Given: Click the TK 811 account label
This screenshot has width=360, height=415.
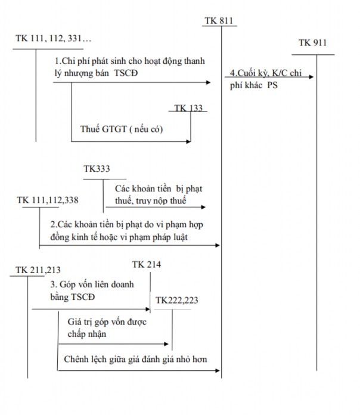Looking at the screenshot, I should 219,21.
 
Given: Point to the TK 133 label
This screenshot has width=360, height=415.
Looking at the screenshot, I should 189,108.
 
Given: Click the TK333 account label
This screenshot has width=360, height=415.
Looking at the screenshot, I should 97,169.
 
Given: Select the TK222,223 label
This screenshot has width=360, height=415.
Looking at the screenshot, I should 176,301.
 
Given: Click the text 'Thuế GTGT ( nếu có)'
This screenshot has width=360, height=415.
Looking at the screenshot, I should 122,129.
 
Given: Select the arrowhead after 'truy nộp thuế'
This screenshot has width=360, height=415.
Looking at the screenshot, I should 203,207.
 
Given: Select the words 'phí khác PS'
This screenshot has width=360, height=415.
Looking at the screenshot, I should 253,85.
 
